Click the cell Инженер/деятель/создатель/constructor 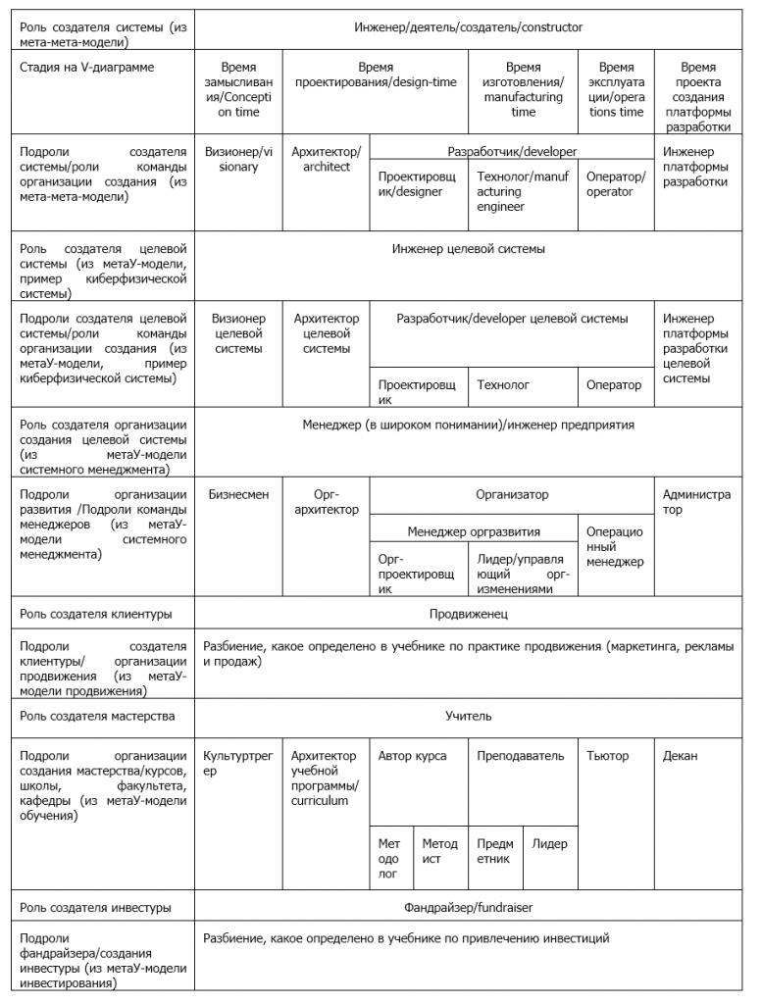point(468,27)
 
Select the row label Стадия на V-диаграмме point(85,67)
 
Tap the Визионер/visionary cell point(238,160)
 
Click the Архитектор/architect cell point(327,160)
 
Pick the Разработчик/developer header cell point(512,152)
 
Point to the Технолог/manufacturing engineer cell point(523,191)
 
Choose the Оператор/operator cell point(616,183)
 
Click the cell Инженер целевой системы point(468,249)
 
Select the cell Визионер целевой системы point(238,333)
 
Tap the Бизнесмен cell point(238,495)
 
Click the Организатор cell point(512,495)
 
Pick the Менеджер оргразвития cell point(474,531)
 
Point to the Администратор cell point(696,502)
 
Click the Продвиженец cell point(468,615)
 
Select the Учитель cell point(468,716)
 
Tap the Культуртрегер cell point(238,764)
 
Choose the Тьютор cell point(608,756)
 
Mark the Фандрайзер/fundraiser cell point(468,907)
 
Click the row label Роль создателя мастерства point(97,716)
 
